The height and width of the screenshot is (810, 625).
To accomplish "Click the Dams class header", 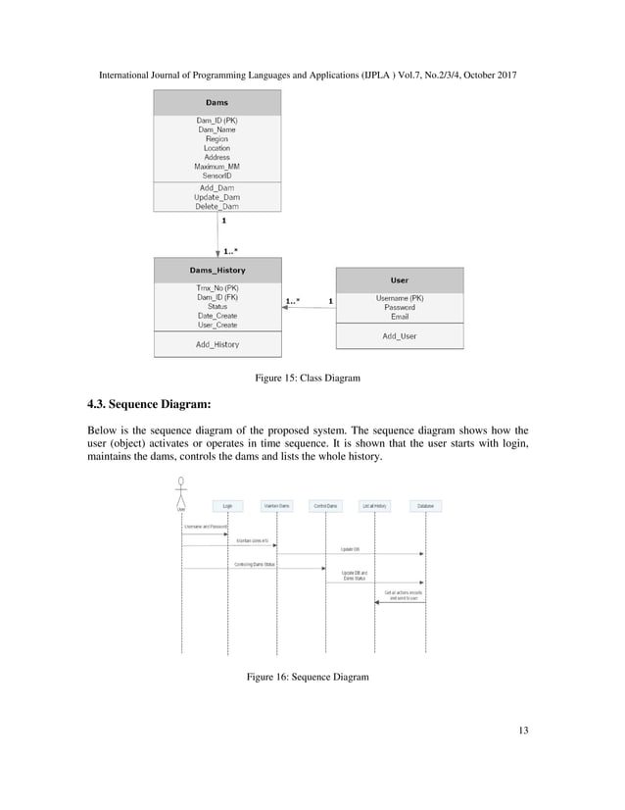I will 216,102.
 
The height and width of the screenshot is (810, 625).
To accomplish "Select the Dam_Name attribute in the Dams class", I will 216,129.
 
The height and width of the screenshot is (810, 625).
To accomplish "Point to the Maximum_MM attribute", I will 216,167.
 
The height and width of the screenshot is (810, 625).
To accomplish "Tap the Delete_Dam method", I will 216,206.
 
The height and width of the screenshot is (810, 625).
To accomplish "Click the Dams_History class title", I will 217,270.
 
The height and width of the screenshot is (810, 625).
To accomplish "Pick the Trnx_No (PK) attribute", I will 217,287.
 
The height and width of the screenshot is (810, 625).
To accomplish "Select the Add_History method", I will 217,344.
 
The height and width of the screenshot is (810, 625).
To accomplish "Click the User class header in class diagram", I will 400,279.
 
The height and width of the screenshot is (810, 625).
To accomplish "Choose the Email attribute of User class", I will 400,317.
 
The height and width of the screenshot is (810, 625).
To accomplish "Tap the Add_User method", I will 400,336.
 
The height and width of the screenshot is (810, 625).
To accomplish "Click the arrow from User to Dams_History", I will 309,308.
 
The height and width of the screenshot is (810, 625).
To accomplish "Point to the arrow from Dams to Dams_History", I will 217,235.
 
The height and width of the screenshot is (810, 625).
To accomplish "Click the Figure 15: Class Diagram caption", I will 308,378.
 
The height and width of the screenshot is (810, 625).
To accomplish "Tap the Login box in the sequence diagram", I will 227,506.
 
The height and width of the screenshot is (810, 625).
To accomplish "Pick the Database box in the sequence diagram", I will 425,506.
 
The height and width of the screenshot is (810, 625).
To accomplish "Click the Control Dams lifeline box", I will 325,506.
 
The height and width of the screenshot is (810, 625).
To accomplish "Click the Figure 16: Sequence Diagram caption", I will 308,678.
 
